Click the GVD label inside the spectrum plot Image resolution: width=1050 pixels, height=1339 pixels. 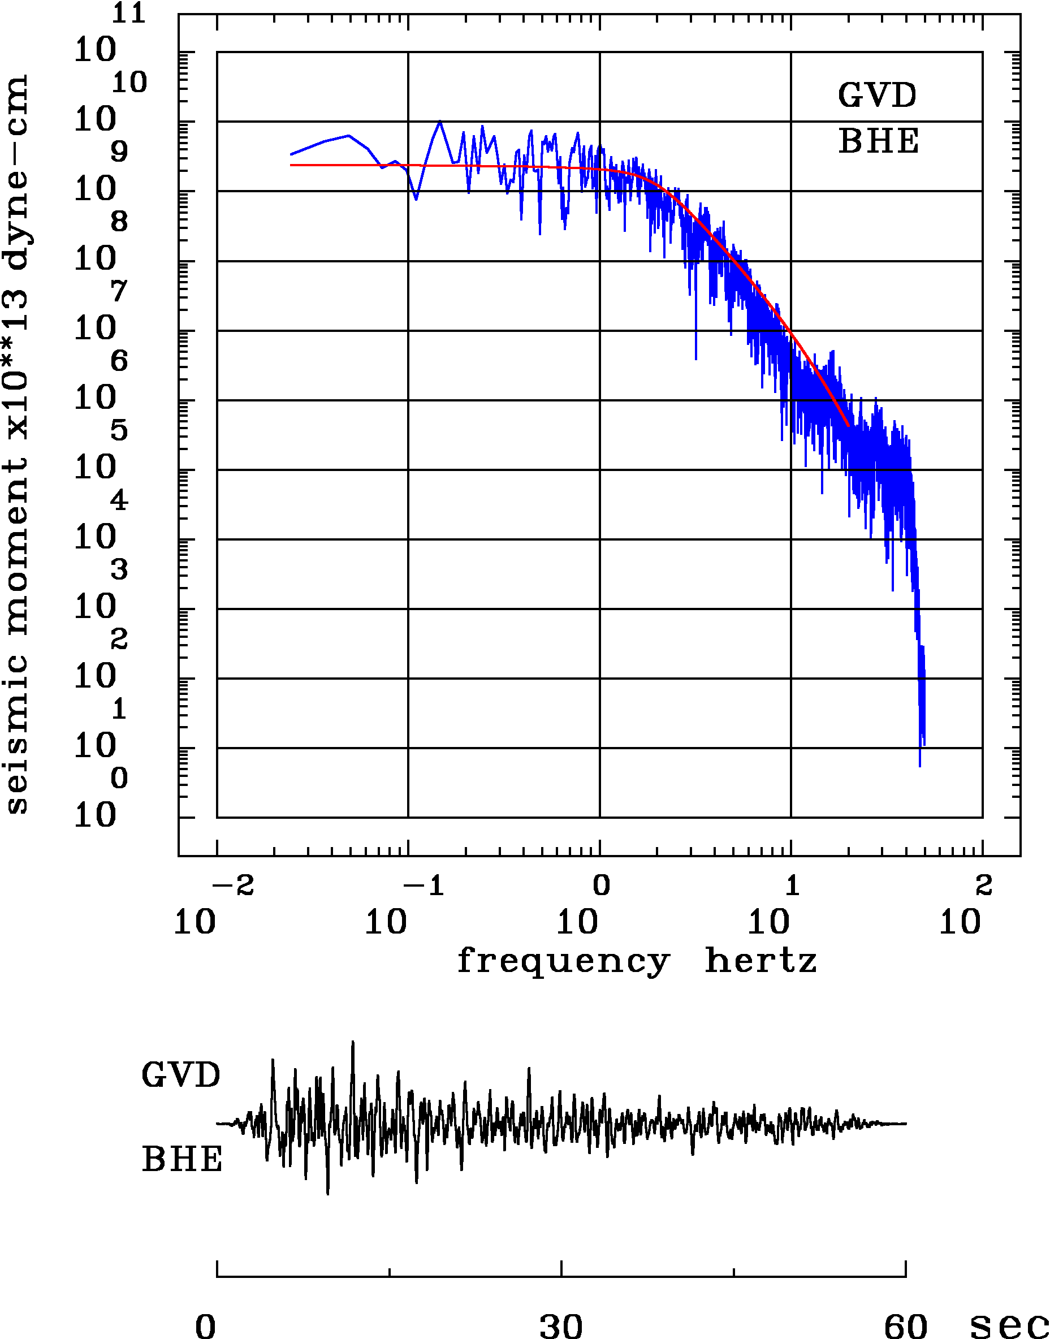click(x=877, y=96)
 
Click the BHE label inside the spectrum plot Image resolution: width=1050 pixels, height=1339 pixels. click(x=879, y=141)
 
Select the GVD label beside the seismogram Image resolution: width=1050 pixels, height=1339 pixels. click(x=181, y=1075)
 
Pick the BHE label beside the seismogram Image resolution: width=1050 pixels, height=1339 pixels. click(x=182, y=1160)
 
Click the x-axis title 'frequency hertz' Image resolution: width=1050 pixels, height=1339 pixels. click(x=636, y=960)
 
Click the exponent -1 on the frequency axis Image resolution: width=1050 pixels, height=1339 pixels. click(x=424, y=886)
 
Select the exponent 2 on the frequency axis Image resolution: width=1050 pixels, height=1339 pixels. click(x=984, y=886)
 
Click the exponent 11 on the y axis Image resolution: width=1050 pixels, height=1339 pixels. click(x=128, y=14)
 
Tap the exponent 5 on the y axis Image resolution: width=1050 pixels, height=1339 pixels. click(x=119, y=431)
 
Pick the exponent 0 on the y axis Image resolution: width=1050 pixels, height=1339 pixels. click(x=119, y=779)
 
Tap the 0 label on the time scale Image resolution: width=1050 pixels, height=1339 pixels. click(x=206, y=1325)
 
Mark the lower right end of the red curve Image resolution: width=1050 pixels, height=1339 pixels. click(x=848, y=425)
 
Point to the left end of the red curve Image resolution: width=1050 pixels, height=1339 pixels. click(x=291, y=165)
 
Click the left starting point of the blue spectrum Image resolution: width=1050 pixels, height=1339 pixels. click(x=291, y=154)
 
